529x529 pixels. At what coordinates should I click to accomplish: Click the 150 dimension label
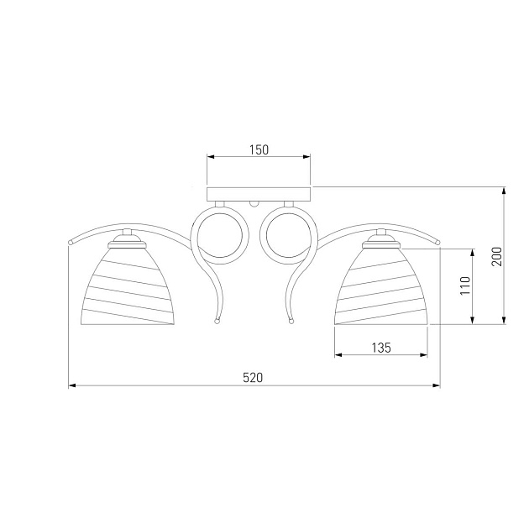259,149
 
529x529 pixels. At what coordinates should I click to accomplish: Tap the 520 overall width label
253,378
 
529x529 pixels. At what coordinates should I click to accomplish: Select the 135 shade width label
381,348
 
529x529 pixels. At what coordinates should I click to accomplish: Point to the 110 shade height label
465,285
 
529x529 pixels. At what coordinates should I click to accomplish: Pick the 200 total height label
496,256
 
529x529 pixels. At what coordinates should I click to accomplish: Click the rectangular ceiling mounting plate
259,194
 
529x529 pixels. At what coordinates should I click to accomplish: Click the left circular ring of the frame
219,235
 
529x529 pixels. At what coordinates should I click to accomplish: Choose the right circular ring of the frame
289,235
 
